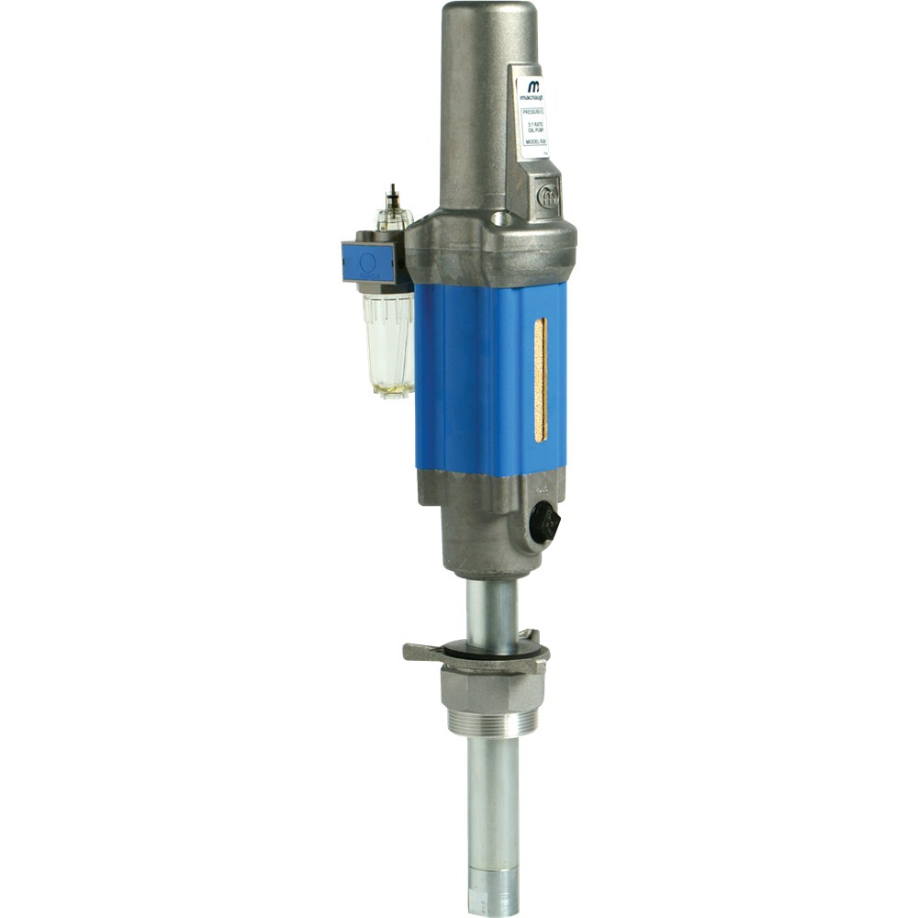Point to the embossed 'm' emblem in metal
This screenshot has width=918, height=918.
click(549, 196)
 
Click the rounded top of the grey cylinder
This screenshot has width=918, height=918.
click(488, 18)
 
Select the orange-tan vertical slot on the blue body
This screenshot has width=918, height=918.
click(540, 378)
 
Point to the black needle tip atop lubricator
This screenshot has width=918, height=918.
click(394, 192)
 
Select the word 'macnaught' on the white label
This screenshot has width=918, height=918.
click(536, 98)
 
